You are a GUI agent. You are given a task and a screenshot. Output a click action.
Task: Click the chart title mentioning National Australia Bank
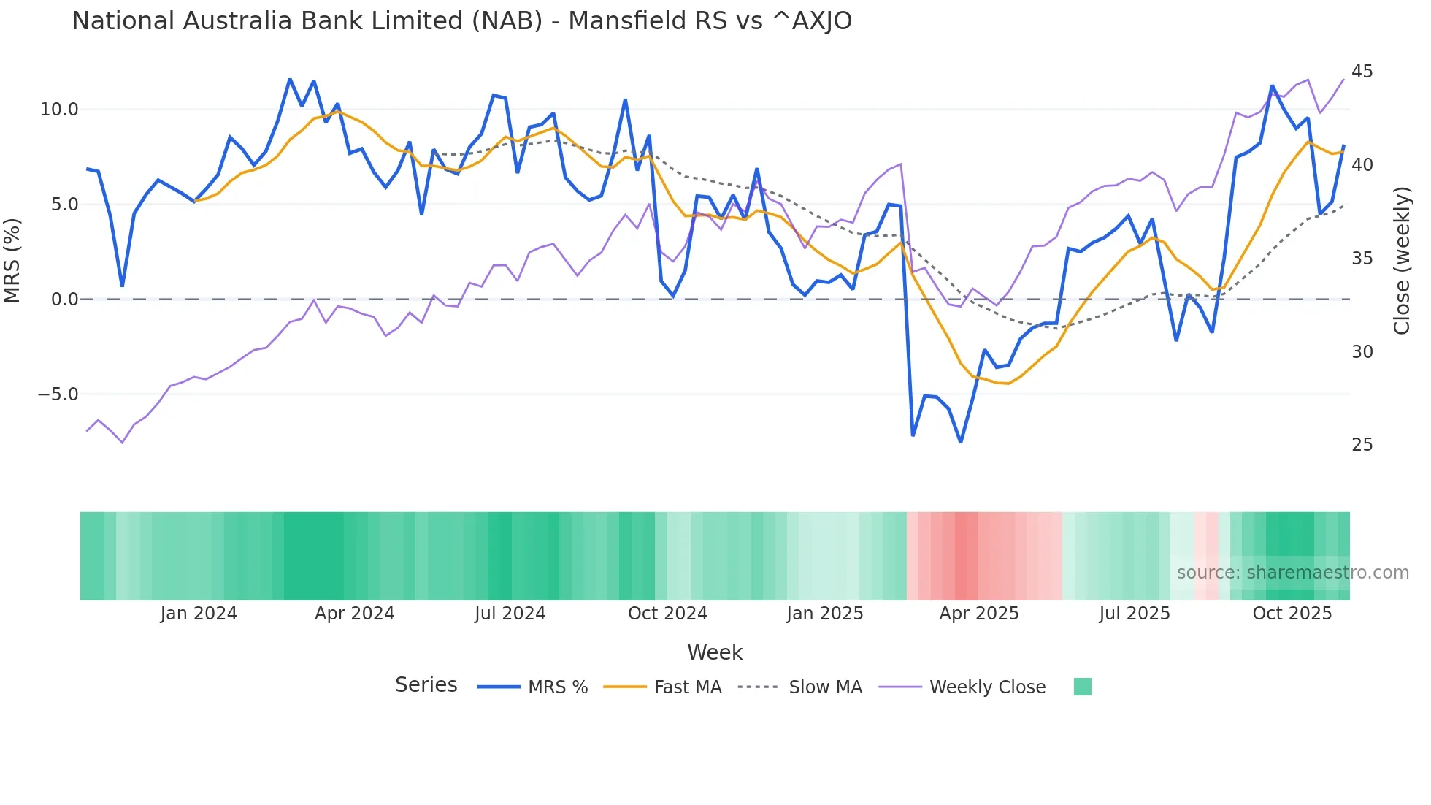pyautogui.click(x=461, y=20)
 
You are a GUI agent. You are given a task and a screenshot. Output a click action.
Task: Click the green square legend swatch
pyautogui.click(x=1083, y=687)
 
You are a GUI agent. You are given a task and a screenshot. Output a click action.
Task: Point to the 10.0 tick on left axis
pyautogui.click(x=59, y=110)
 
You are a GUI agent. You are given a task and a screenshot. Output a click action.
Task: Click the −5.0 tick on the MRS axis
pyautogui.click(x=58, y=394)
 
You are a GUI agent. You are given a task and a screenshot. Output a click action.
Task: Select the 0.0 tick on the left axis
pyautogui.click(x=64, y=300)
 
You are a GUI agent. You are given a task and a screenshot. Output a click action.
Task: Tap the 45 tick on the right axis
pyautogui.click(x=1362, y=72)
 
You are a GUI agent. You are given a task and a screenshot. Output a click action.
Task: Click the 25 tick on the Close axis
pyautogui.click(x=1362, y=445)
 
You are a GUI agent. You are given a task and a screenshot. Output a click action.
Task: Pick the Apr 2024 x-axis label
pyautogui.click(x=354, y=614)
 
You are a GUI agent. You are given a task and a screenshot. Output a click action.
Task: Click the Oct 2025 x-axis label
pyautogui.click(x=1292, y=614)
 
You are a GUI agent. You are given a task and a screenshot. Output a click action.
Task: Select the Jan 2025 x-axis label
pyautogui.click(x=824, y=614)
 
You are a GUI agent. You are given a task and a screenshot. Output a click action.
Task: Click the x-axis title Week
pyautogui.click(x=715, y=652)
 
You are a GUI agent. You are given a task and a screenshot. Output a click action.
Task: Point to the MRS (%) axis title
pyautogui.click(x=12, y=261)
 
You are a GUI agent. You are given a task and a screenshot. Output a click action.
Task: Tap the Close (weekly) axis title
pyautogui.click(x=1401, y=261)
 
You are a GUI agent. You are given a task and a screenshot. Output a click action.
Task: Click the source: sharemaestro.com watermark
pyautogui.click(x=1292, y=573)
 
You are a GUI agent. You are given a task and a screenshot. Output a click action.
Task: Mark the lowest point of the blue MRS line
pyautogui.click(x=961, y=442)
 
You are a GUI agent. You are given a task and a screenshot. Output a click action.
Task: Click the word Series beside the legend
pyautogui.click(x=426, y=685)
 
